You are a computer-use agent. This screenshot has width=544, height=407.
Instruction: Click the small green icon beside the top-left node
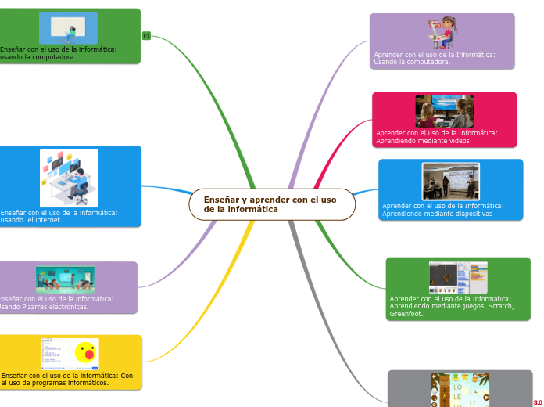tap(147, 36)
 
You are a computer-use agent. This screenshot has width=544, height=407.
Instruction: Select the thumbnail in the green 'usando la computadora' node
tap(69, 28)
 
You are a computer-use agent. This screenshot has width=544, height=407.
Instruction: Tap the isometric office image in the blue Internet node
tap(69, 178)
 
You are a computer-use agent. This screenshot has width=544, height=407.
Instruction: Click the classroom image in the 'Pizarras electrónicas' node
tap(65, 279)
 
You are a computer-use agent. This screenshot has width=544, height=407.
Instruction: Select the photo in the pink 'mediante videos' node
tap(444, 111)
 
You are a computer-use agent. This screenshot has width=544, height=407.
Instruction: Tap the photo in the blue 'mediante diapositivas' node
tap(450, 182)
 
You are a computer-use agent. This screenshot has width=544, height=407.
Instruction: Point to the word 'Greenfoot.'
tap(406, 314)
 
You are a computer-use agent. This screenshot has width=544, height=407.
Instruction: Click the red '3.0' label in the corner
tap(538, 402)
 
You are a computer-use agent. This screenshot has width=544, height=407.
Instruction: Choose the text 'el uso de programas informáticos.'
tap(55, 383)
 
